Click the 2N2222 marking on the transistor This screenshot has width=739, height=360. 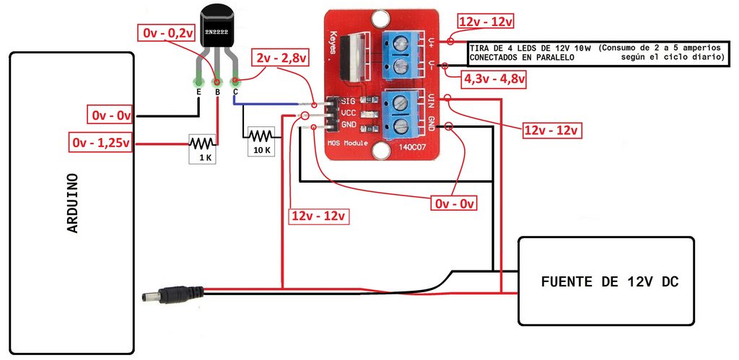(x=217, y=33)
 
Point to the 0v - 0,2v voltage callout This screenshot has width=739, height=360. (x=168, y=32)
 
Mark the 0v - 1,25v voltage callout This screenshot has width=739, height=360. (x=101, y=142)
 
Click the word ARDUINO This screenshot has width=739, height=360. (x=72, y=203)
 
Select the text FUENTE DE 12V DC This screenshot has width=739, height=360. (x=609, y=281)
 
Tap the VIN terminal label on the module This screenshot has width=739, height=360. (x=431, y=100)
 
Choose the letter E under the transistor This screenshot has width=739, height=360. (x=198, y=92)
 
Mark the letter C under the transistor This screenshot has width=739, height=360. (x=235, y=92)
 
